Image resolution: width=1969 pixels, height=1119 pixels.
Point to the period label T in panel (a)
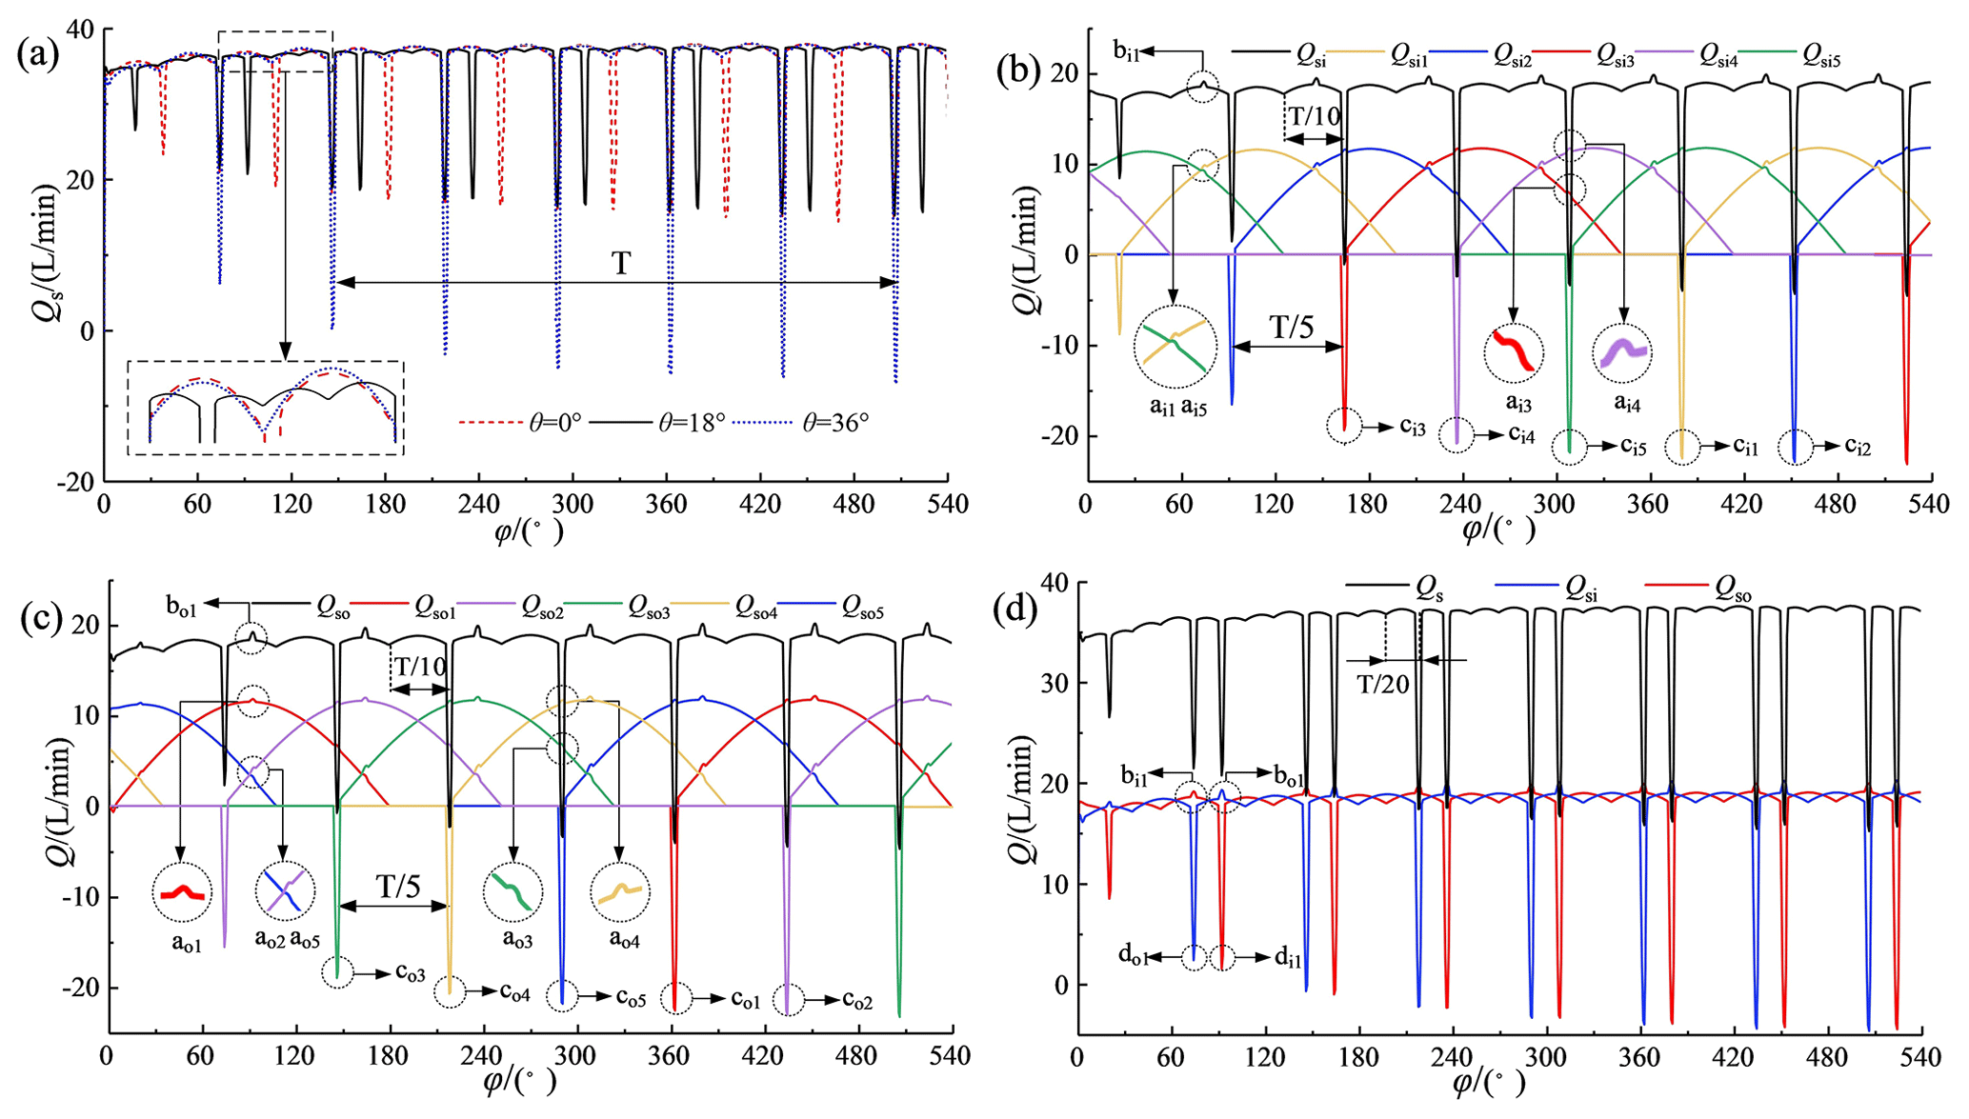(x=621, y=263)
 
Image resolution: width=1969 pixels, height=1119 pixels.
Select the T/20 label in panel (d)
(x=1383, y=683)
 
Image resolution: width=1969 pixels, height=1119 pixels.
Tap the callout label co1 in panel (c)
(x=747, y=999)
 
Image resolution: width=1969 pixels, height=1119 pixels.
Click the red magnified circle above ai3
(x=1514, y=352)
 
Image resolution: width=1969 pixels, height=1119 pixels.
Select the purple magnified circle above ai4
(x=1622, y=352)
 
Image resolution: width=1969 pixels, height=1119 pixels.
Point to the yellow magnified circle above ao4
(x=620, y=892)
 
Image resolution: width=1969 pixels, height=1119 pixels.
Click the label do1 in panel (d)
(x=1134, y=956)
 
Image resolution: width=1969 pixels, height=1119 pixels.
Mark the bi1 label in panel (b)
(x=1128, y=51)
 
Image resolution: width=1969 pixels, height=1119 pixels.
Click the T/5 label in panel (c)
(x=398, y=887)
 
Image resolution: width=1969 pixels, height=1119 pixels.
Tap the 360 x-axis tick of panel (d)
(x=1642, y=1058)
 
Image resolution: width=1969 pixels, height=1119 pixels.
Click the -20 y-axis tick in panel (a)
(x=75, y=482)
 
